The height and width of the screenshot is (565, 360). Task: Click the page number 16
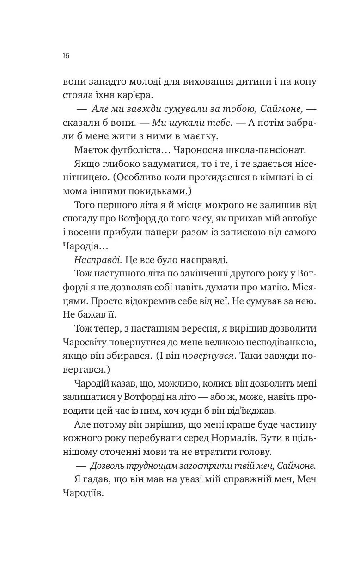click(x=66, y=56)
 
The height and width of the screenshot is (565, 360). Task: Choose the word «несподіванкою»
click(x=282, y=342)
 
